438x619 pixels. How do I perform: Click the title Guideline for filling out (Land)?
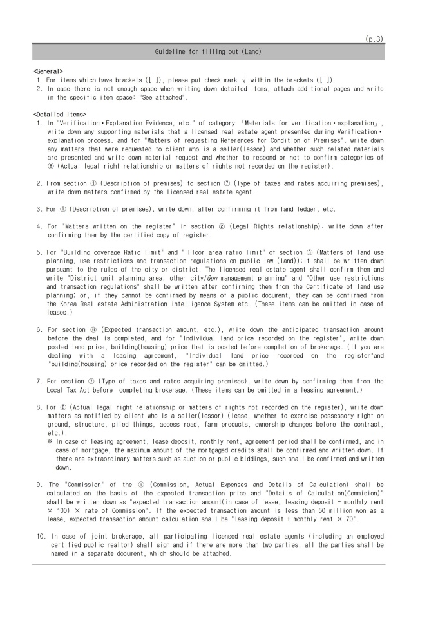(x=208, y=51)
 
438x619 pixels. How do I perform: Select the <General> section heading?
(x=48, y=70)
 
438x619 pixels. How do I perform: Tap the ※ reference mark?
(x=50, y=442)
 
